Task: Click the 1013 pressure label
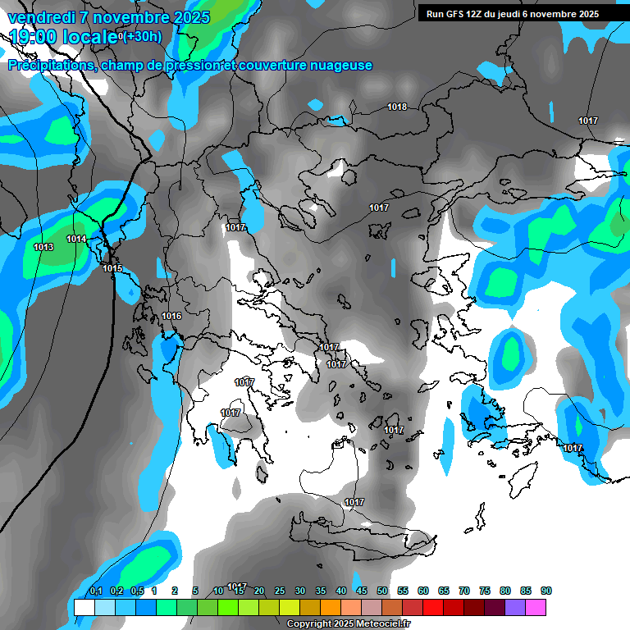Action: (43, 247)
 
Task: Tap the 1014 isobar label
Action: (76, 239)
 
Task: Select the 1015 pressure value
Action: (112, 268)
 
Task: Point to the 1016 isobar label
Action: (171, 316)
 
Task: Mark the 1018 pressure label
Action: (397, 107)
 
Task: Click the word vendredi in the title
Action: (39, 17)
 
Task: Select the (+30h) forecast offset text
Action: (143, 36)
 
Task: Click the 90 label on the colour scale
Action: (546, 591)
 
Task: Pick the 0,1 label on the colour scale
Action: (95, 591)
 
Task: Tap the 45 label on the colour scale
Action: (362, 591)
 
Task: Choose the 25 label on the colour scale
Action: (280, 591)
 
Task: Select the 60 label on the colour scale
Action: (423, 591)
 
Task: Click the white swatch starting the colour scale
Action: (84, 607)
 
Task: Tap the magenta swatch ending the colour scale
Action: (536, 607)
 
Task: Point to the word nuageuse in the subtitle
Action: (343, 66)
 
